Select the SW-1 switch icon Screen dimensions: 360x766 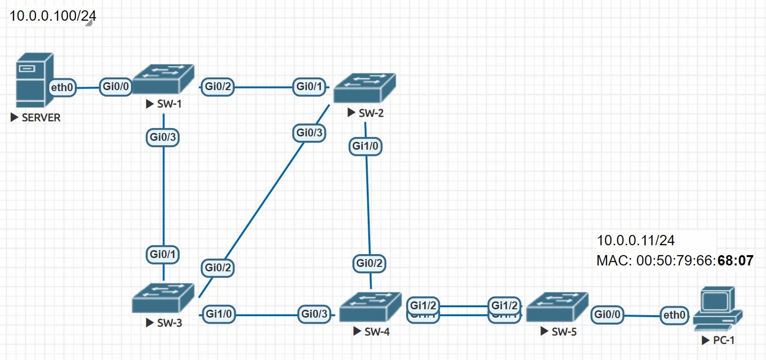click(163, 78)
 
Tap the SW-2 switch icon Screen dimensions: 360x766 click(364, 88)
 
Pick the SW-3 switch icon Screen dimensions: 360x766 click(163, 297)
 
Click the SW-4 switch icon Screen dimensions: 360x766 click(372, 306)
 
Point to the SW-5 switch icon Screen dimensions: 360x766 click(557, 307)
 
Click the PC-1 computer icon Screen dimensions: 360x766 click(717, 310)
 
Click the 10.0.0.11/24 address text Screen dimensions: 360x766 click(636, 240)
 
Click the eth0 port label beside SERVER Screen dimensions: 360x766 click(63, 88)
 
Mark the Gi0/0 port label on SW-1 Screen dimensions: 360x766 click(116, 87)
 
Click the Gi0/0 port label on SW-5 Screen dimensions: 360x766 click(608, 314)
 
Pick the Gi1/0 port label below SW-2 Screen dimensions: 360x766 click(365, 146)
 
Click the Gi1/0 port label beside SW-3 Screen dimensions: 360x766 click(219, 314)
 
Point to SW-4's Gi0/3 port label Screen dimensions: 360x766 click(314, 314)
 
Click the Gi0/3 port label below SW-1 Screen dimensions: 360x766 click(162, 137)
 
